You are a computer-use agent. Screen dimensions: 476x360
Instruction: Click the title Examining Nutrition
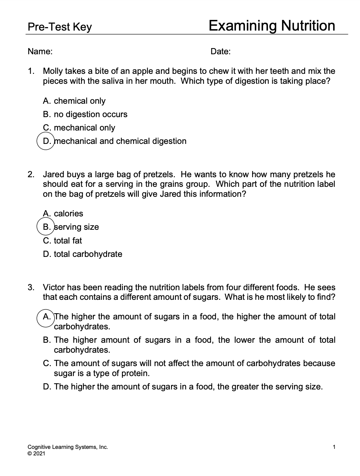[x=271, y=26]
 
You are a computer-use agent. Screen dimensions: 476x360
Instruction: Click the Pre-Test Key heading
[x=60, y=27]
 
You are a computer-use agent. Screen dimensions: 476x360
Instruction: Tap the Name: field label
[x=40, y=52]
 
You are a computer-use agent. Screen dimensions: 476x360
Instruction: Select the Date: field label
[x=221, y=52]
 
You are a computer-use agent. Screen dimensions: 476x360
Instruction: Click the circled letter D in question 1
[x=45, y=141]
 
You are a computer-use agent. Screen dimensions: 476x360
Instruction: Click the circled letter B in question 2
[x=45, y=227]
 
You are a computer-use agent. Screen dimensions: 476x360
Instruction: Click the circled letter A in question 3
[x=45, y=317]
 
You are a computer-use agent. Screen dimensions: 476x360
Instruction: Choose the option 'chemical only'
[x=79, y=101]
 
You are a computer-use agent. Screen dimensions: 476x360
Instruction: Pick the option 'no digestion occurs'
[x=90, y=114]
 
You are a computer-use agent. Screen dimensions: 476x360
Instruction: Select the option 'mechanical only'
[x=84, y=128]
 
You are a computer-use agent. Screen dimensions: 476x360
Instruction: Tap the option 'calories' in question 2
[x=68, y=214]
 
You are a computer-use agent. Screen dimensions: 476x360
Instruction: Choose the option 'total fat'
[x=68, y=241]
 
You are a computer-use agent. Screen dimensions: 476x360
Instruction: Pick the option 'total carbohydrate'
[x=88, y=254]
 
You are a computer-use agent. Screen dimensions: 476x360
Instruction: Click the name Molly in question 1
[x=53, y=71]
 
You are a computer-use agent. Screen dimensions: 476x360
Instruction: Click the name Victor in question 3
[x=54, y=287]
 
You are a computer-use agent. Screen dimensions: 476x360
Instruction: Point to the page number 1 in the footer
[x=334, y=447]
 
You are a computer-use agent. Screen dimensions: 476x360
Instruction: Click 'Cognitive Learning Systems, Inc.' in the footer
[x=68, y=447]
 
